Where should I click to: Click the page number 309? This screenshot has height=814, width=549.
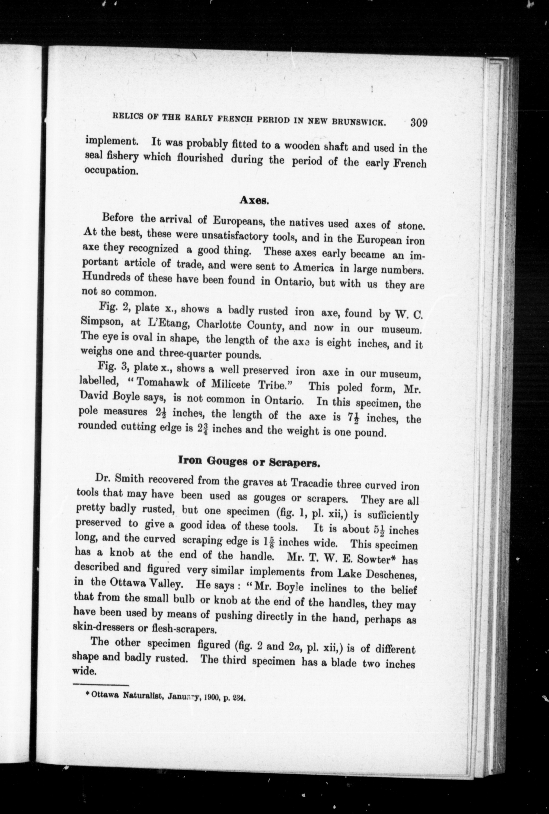coord(419,123)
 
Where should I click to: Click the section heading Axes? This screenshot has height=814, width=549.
coord(254,200)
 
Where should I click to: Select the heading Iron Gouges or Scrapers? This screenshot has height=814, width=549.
coord(249,461)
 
